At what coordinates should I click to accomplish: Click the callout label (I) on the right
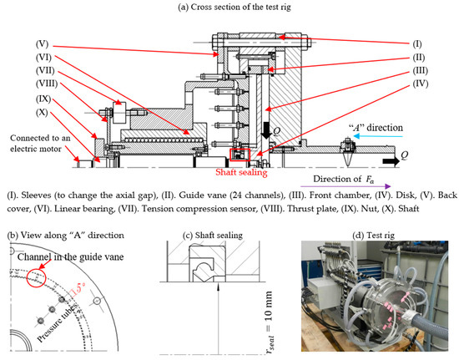[417, 44]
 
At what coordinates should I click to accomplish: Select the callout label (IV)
[421, 84]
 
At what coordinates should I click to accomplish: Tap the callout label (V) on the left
[43, 44]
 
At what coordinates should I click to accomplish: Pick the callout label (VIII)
[47, 84]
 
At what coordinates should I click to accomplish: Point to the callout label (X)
[42, 113]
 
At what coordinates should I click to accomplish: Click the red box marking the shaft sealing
[240, 155]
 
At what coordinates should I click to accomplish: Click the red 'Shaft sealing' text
[241, 172]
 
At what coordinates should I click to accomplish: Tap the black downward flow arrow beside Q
[266, 130]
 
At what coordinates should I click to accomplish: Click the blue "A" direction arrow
[378, 136]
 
